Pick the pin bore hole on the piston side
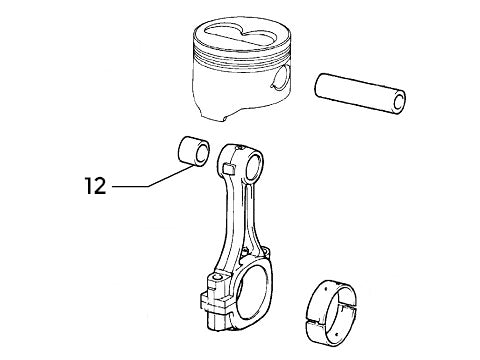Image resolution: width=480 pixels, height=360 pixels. [283, 80]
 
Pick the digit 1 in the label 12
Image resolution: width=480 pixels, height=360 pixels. [91, 186]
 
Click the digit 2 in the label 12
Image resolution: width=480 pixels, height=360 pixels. [103, 186]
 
